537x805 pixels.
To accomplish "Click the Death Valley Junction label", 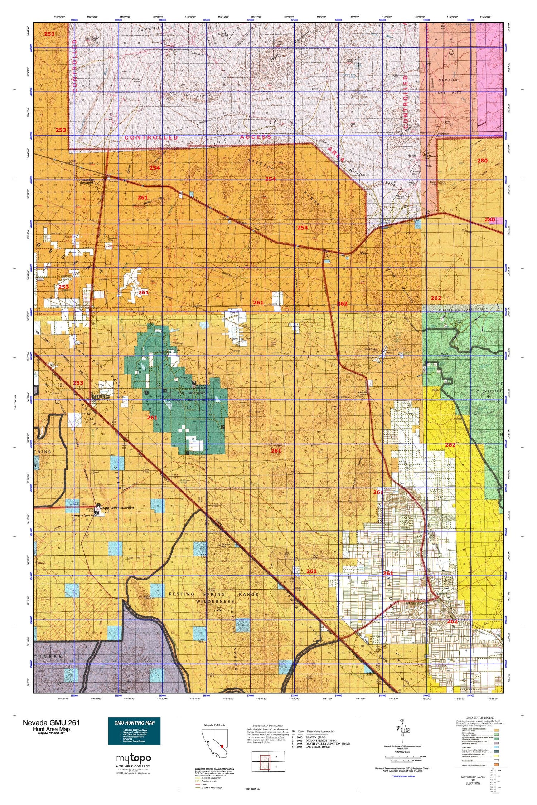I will pyautogui.click(x=117, y=508).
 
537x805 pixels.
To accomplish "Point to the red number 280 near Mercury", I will pyautogui.click(x=482, y=161).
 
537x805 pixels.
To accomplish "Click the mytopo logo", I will pyautogui.click(x=133, y=758).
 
